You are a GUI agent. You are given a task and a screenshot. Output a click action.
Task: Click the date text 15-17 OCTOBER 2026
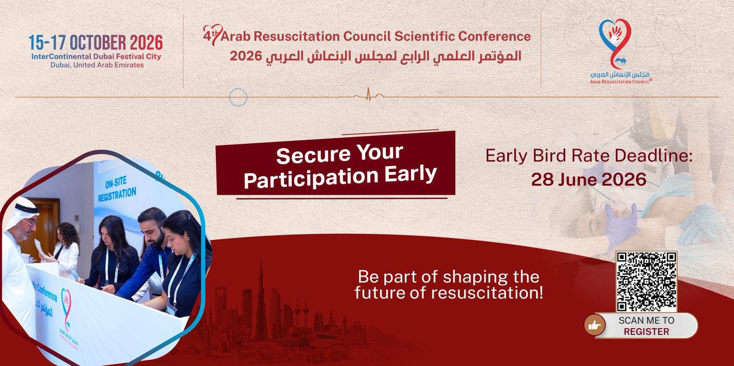pyautogui.click(x=95, y=42)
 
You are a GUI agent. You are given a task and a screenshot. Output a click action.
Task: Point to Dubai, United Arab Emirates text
pyautogui.click(x=95, y=65)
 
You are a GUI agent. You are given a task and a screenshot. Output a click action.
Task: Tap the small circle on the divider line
pyautogui.click(x=237, y=97)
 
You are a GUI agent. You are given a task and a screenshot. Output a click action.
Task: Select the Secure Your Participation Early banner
pyautogui.click(x=335, y=164)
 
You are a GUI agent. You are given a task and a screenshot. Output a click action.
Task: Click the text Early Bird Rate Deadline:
pyautogui.click(x=588, y=155)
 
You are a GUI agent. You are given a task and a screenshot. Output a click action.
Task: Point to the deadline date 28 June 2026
pyautogui.click(x=588, y=179)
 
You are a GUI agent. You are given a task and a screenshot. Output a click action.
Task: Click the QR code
pyautogui.click(x=646, y=282)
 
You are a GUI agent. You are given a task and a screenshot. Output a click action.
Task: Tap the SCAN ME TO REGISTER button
pyautogui.click(x=646, y=326)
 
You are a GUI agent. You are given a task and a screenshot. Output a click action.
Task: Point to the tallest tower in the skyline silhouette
pyautogui.click(x=261, y=300)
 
